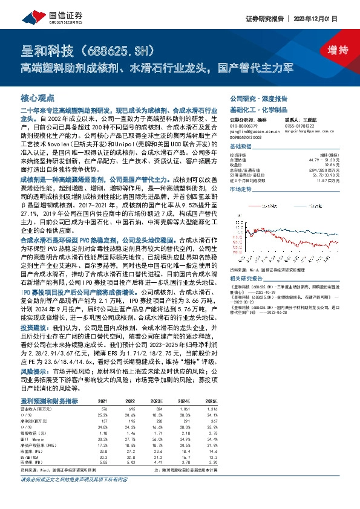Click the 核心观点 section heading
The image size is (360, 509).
click(x=38, y=97)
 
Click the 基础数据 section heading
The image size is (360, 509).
click(x=242, y=147)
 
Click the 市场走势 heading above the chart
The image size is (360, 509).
click(x=242, y=189)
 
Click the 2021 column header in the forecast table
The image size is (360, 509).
click(x=103, y=401)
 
